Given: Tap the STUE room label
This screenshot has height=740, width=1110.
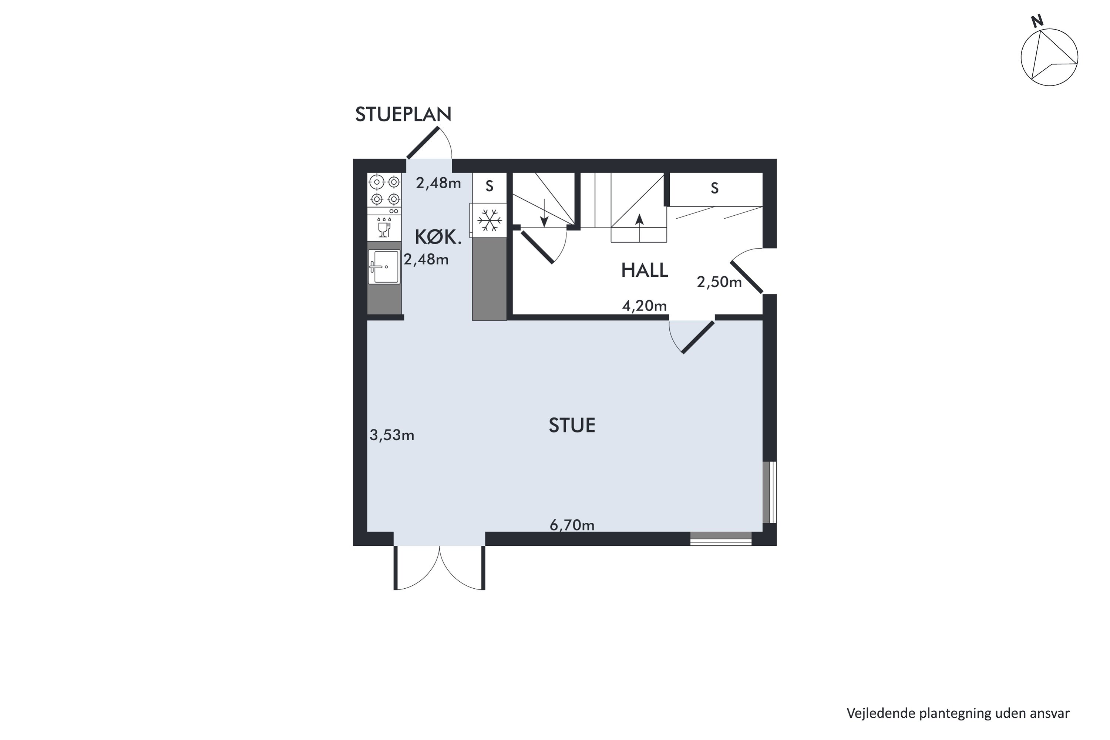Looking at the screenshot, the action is pyautogui.click(x=572, y=425).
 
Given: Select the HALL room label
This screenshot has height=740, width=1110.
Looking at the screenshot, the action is pyautogui.click(x=644, y=270).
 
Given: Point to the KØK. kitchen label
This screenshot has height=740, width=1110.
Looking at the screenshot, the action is pyautogui.click(x=438, y=237).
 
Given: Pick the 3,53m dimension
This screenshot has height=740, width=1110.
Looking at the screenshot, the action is pyautogui.click(x=392, y=435).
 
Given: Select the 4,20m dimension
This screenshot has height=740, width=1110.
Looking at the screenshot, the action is pyautogui.click(x=644, y=306).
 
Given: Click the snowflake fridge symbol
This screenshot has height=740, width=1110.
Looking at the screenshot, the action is pyautogui.click(x=489, y=221).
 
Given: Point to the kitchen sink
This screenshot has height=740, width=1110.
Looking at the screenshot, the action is pyautogui.click(x=384, y=267).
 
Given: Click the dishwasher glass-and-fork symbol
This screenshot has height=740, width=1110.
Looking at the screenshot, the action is pyautogui.click(x=384, y=228).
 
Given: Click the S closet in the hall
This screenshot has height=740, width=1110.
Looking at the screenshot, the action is pyautogui.click(x=715, y=189).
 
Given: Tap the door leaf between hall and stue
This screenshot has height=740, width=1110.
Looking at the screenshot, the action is pyautogui.click(x=698, y=337).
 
